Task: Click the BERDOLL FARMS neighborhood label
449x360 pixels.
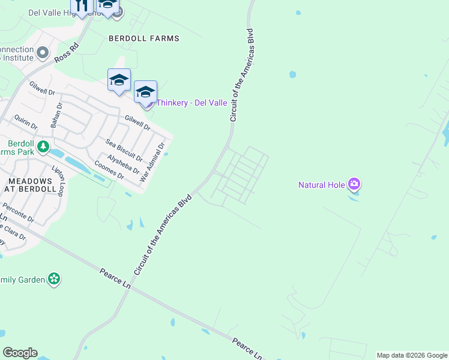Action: coord(144,38)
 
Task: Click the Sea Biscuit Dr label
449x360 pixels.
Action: coord(124,150)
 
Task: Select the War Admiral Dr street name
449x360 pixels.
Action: coord(152,163)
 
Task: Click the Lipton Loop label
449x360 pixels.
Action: coord(58,180)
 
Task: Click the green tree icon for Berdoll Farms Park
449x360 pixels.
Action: coord(43,146)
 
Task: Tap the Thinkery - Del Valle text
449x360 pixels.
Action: coord(191,103)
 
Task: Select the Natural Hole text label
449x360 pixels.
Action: coord(322,185)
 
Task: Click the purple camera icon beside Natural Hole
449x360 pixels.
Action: coord(354,184)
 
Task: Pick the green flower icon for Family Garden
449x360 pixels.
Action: coord(55,278)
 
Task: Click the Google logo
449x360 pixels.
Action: coord(20,353)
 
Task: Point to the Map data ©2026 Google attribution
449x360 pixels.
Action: coord(412,355)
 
